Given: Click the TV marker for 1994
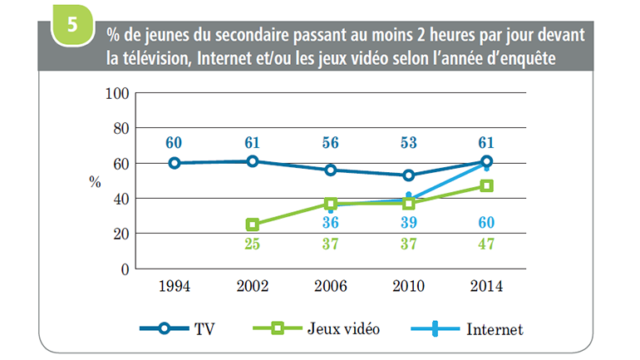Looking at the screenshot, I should pyautogui.click(x=175, y=163).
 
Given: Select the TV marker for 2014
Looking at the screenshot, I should pyautogui.click(x=487, y=161).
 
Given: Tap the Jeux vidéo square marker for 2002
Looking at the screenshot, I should pyautogui.click(x=253, y=224).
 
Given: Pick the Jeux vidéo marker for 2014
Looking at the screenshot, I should pyautogui.click(x=487, y=186).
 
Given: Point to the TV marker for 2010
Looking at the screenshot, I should pyautogui.click(x=409, y=175).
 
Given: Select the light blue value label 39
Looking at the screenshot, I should pyautogui.click(x=408, y=222).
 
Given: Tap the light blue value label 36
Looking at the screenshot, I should pyautogui.click(x=331, y=222).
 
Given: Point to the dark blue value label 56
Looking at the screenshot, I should pyautogui.click(x=331, y=142).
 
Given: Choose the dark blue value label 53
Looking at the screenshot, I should pyautogui.click(x=408, y=142).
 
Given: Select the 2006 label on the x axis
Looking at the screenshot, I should pyautogui.click(x=331, y=288).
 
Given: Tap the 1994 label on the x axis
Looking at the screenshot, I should pyautogui.click(x=175, y=288).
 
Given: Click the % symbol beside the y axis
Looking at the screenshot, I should pyautogui.click(x=95, y=181).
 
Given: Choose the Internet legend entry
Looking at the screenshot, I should pyautogui.click(x=470, y=329).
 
